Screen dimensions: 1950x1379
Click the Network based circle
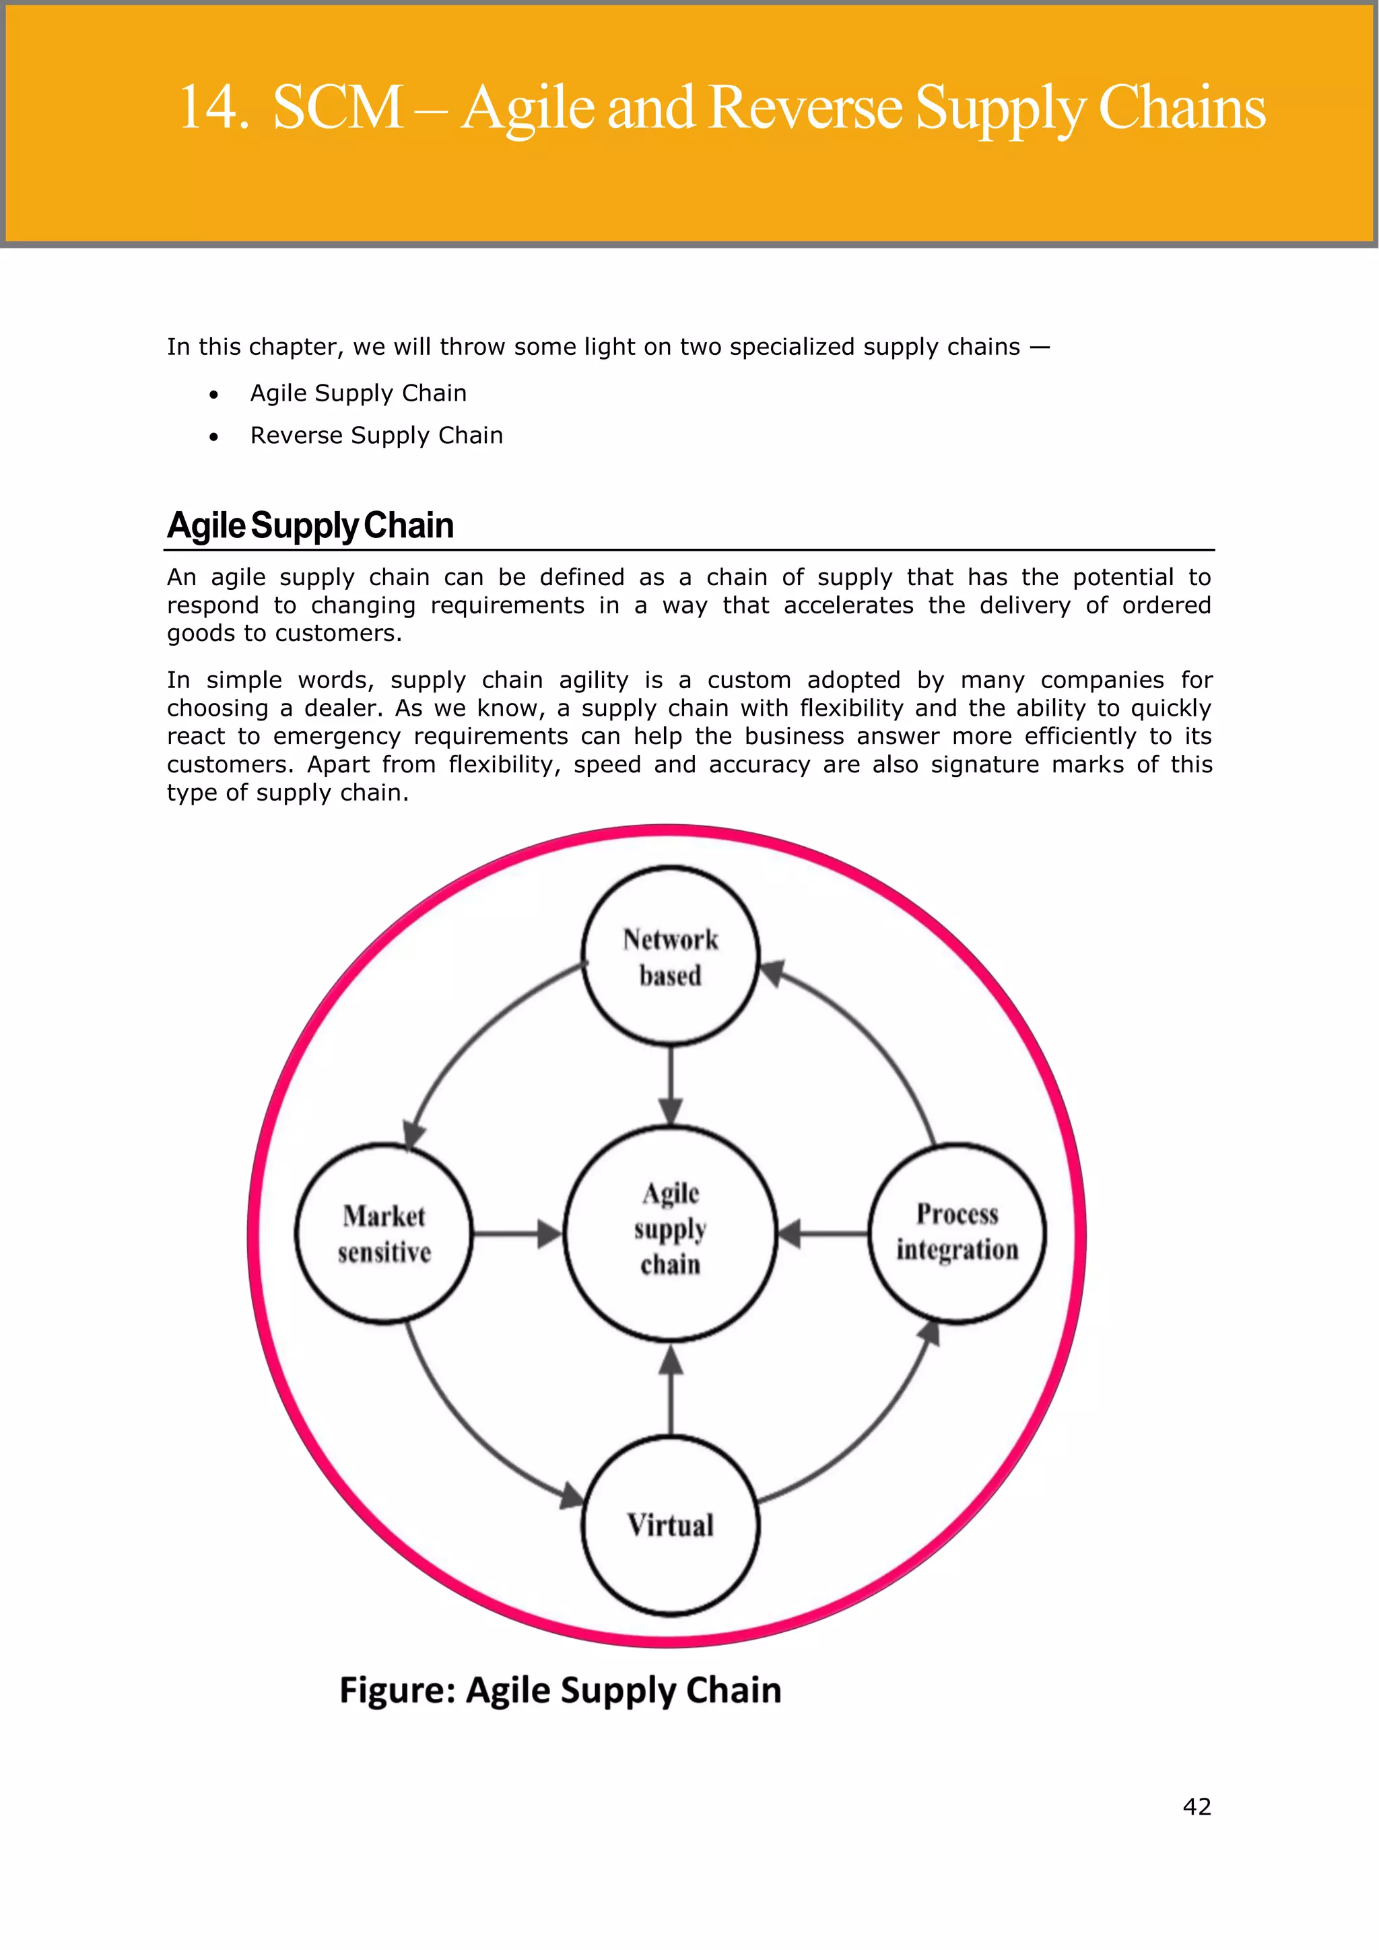(x=670, y=956)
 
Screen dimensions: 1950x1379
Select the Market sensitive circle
(x=384, y=1233)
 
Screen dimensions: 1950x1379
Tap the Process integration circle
(x=957, y=1232)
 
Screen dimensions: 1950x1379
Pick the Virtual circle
(x=670, y=1525)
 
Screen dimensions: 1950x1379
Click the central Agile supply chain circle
(x=670, y=1233)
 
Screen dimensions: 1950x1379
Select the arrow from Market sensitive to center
(x=516, y=1233)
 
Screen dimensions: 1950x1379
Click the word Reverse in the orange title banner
(x=804, y=108)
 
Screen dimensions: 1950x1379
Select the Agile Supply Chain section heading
(x=311, y=526)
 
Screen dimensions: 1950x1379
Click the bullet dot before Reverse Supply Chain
(x=214, y=436)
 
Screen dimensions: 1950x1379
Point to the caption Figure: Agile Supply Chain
(x=560, y=1690)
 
